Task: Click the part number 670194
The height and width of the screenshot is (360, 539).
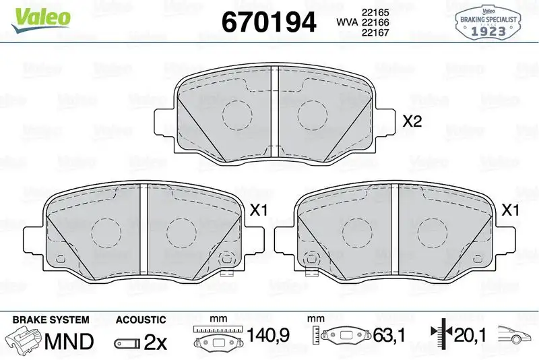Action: (268, 23)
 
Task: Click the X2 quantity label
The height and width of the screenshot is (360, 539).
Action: (412, 122)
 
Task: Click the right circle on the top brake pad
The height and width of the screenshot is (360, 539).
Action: (311, 111)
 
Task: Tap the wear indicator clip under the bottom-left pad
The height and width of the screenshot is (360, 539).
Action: (228, 272)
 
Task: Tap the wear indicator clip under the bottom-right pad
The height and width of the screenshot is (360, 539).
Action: (311, 272)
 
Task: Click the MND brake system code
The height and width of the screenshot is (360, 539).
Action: (68, 341)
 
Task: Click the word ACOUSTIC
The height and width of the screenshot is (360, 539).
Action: (141, 320)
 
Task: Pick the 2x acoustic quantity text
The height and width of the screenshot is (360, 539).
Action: (156, 342)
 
